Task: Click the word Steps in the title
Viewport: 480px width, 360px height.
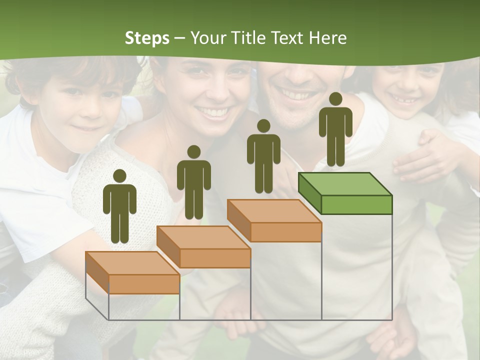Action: coord(147,38)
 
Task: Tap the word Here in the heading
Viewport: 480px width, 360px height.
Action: coord(327,38)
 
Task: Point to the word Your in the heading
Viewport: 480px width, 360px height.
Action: coord(208,38)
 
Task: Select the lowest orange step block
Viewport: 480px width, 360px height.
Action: coord(133,273)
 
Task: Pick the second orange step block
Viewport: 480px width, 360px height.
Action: coord(204,247)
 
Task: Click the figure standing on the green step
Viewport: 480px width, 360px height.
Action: coord(335,130)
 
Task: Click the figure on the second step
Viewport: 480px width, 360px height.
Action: coord(193,183)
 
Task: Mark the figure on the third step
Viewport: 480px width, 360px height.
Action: coord(263,157)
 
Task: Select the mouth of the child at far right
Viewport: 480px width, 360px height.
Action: coord(408,100)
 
